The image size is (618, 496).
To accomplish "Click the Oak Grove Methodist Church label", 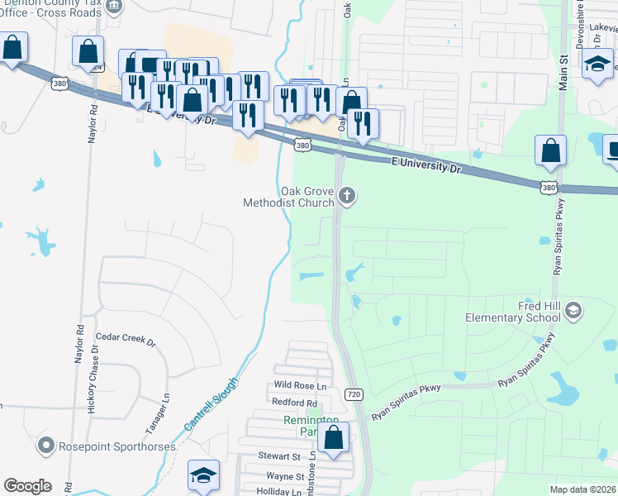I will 288,197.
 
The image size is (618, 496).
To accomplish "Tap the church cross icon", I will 348,196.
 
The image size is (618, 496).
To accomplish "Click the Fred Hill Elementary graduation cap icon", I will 574,311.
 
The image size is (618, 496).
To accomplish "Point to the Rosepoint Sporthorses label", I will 116,446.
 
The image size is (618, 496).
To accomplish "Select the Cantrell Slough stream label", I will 210,404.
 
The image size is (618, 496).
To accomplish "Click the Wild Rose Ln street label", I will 300,385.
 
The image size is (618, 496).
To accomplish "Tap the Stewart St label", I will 278,456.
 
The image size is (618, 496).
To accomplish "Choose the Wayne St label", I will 285,476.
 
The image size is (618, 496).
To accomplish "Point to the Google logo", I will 27,486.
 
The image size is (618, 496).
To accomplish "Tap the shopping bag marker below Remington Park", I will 333,437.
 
